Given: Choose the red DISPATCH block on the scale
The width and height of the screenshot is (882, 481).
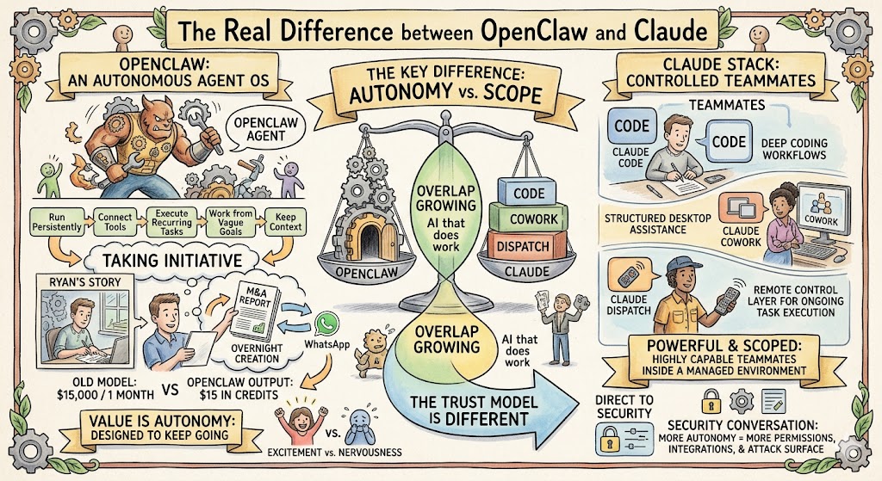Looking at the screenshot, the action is pyautogui.click(x=524, y=247).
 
